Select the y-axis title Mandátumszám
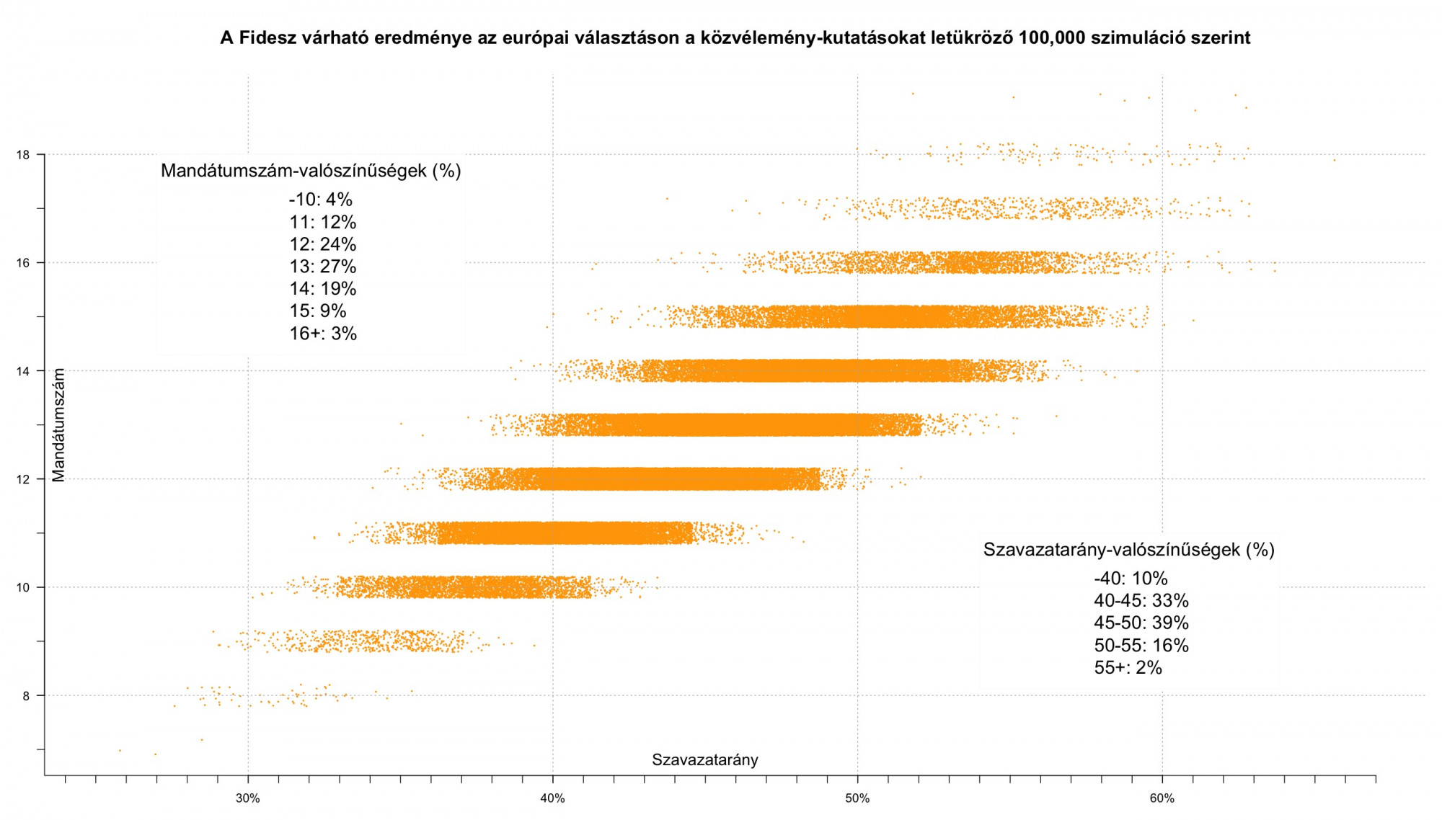[x=59, y=424]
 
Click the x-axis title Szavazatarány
[x=704, y=759]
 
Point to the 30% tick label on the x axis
[x=248, y=798]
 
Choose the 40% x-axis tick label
[x=553, y=798]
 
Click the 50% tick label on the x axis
[x=857, y=798]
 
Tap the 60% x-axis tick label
[x=1162, y=798]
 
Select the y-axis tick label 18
[x=23, y=155]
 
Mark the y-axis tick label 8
[x=26, y=696]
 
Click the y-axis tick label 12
[x=23, y=479]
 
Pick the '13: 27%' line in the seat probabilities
[x=323, y=267]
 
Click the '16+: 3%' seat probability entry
[x=323, y=334]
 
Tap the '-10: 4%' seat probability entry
[x=320, y=200]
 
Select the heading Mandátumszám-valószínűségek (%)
[x=311, y=171]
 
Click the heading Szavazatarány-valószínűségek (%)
[x=1128, y=550]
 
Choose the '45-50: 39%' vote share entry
[x=1141, y=623]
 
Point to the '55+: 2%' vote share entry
[x=1128, y=668]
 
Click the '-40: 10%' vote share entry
[x=1130, y=579]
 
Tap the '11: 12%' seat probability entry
[x=323, y=222]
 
